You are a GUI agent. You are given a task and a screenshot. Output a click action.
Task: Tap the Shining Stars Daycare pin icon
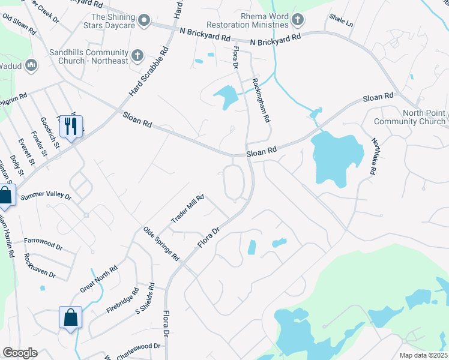coord(143,22)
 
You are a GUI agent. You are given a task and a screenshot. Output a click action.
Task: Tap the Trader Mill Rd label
coord(188,208)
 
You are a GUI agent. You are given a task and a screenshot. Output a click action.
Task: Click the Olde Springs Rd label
coord(161,243)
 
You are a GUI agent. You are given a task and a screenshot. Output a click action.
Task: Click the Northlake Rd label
coord(373,157)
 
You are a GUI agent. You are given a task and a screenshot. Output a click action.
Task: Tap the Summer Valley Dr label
coord(46,196)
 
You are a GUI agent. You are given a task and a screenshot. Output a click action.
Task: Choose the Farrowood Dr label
coord(43,243)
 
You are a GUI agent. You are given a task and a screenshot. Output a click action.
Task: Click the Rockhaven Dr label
coord(40,266)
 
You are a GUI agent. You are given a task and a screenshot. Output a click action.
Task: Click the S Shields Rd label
coord(146,299)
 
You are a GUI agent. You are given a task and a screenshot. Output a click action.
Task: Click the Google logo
coord(20,353)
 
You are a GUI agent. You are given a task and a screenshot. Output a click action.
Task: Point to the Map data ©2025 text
coord(423,355)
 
